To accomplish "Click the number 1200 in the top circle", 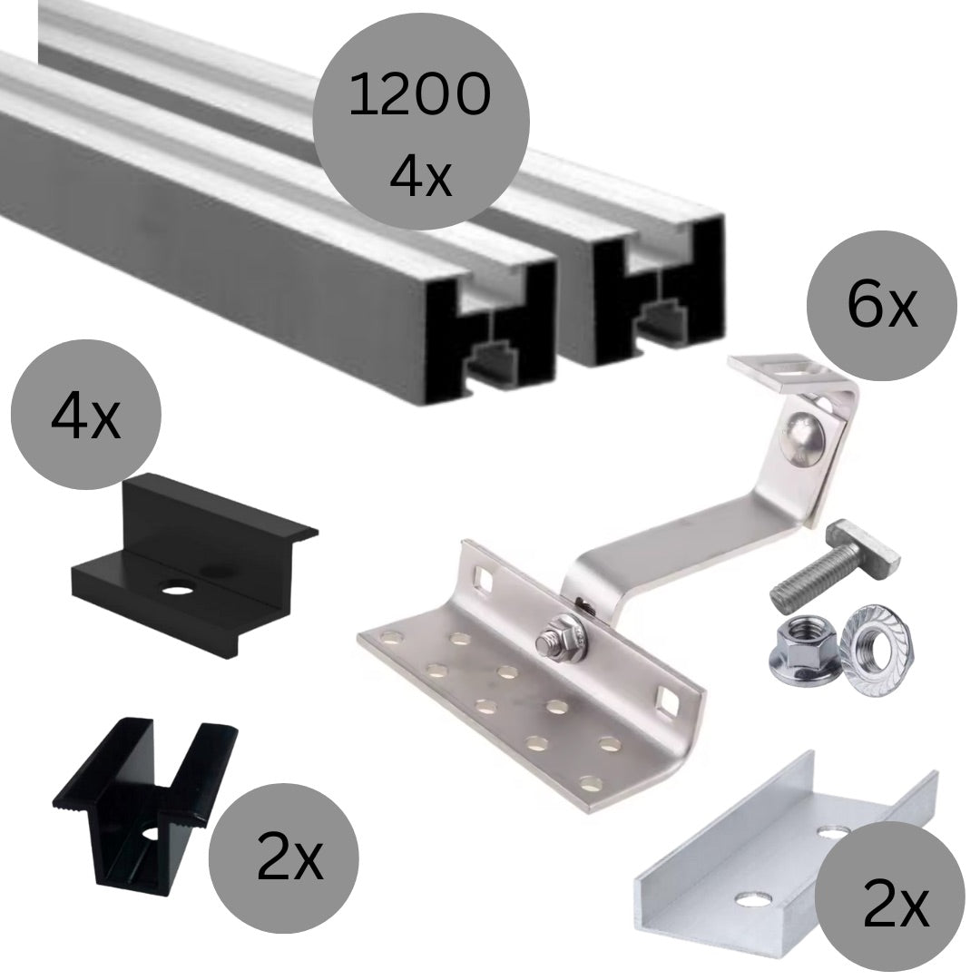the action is pyautogui.click(x=419, y=95).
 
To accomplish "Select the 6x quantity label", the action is pyautogui.click(x=883, y=306).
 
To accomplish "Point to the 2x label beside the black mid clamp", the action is pyautogui.click(x=290, y=860).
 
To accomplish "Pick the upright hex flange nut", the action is pyautogui.click(x=802, y=641).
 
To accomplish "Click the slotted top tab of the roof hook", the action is pyautogui.click(x=789, y=375).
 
